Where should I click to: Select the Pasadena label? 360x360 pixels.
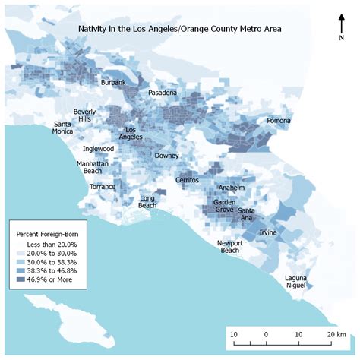[162, 93]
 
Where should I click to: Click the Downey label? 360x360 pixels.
[166, 156]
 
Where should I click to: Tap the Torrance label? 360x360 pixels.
[103, 186]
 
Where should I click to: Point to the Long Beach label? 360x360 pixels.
[148, 201]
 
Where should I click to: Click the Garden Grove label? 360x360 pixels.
[224, 207]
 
